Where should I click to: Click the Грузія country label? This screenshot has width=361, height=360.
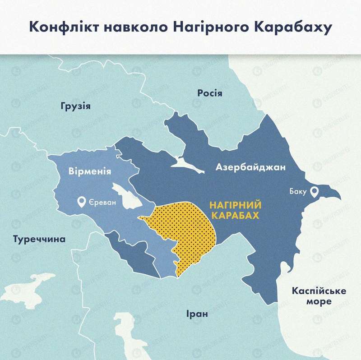pos(75,107)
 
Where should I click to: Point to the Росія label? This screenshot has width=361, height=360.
pos(210,93)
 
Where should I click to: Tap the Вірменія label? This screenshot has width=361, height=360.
pos(89,172)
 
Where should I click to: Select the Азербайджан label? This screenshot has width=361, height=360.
pos(251,167)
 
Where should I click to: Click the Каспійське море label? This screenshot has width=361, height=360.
pos(319,296)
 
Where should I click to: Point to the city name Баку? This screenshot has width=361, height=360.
pos(298,192)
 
